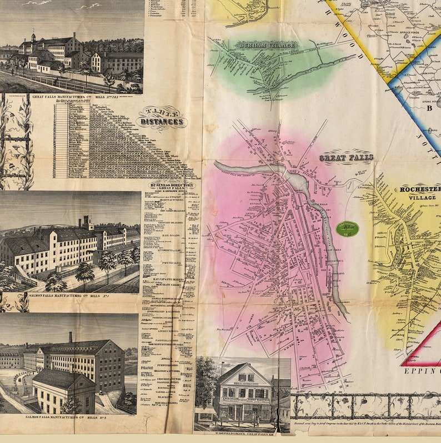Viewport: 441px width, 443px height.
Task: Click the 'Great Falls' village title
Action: click(346, 158)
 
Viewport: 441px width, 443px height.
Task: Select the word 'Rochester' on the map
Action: click(420, 189)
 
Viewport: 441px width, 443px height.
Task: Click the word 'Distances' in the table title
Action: click(162, 122)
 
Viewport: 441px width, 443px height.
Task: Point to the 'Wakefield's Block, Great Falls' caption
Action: click(242, 430)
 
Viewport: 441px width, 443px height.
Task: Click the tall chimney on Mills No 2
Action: click(71, 337)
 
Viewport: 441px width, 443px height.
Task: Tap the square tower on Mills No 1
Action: click(87, 222)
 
